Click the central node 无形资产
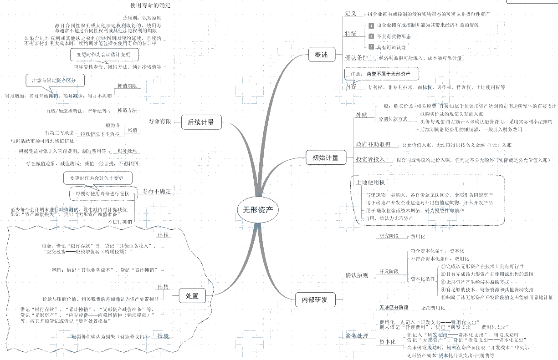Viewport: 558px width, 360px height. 257,210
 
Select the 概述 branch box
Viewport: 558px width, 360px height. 321,55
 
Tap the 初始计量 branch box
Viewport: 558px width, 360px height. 325,158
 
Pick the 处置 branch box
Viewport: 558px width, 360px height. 192,296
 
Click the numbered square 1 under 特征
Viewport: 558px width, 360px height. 371,25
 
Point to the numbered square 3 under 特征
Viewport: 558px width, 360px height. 371,47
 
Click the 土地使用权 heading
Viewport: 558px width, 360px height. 371,182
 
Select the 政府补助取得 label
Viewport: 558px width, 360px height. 373,145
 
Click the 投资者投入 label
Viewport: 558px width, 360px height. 370,160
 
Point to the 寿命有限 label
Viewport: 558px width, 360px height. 160,122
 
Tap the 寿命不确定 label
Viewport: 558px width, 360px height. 157,192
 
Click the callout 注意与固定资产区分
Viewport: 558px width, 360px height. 55,81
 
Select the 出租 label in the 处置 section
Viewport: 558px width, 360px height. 163,235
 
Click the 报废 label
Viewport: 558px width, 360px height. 163,336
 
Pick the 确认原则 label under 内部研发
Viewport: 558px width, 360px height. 357,275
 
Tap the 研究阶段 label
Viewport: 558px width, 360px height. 389,236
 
